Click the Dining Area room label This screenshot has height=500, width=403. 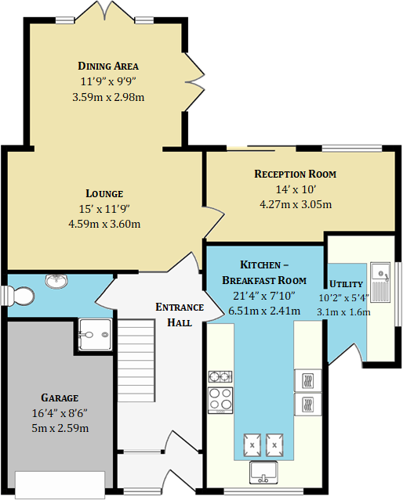(108, 66)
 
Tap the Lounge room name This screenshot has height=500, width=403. (104, 193)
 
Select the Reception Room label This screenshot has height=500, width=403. (296, 174)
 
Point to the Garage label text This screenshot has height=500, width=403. (60, 398)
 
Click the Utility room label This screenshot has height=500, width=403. (346, 284)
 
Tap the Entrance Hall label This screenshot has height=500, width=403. (180, 315)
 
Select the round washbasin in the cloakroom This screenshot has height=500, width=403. (56, 281)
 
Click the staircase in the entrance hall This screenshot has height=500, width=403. (136, 361)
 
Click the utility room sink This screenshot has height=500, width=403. (380, 282)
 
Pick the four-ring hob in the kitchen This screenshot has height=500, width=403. (220, 400)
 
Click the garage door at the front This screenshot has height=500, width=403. (60, 484)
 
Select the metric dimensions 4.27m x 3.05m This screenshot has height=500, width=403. (296, 204)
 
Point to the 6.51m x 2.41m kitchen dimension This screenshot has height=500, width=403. (264, 311)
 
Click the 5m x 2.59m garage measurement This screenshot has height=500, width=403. (60, 428)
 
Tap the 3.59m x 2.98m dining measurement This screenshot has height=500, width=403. (108, 97)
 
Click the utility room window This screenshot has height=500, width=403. (398, 294)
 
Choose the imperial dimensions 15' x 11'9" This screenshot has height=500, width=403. (104, 209)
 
